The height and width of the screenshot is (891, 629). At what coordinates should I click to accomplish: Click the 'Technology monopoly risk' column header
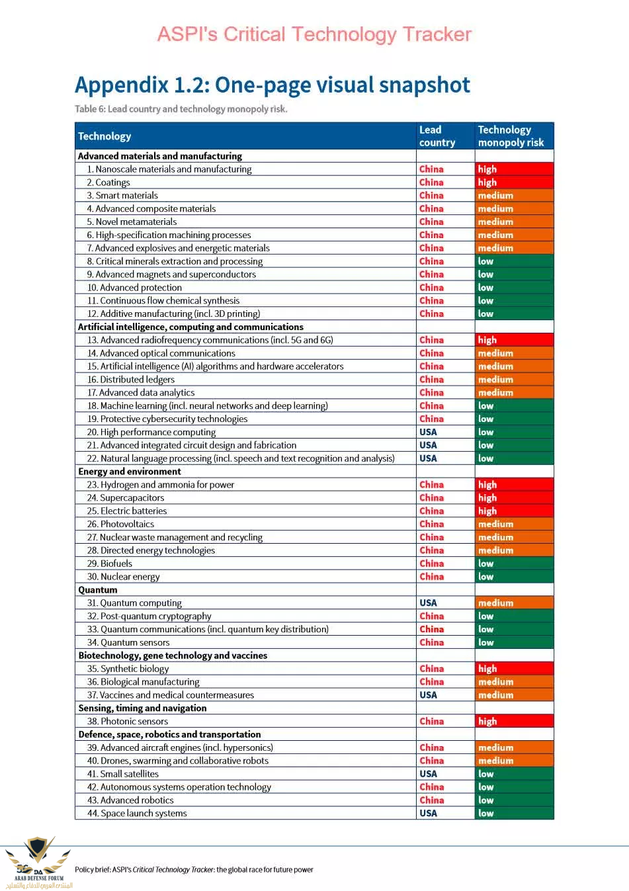coord(511,136)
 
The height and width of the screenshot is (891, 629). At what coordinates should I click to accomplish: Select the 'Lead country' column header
coord(437,136)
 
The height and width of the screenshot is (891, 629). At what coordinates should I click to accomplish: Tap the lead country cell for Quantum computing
coord(428,603)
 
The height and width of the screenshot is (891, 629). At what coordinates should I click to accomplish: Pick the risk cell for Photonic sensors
coord(514,721)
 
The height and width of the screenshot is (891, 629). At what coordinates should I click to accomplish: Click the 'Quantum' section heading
coord(98,589)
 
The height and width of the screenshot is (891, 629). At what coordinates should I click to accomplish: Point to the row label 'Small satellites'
coord(129,774)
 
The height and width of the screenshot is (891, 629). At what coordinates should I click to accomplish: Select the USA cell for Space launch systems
coord(428,813)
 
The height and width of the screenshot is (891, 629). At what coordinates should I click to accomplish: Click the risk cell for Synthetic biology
coord(514,669)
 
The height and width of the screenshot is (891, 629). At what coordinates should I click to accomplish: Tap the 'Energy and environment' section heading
coord(130,472)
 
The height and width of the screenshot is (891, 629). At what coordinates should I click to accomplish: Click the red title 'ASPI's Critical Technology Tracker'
coord(314,34)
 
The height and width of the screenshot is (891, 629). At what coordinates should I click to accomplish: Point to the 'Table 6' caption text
coord(181,109)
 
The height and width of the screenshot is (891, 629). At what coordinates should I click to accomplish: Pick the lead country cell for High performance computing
coord(428,432)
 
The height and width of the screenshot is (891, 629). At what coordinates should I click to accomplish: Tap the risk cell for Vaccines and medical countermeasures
coord(514,695)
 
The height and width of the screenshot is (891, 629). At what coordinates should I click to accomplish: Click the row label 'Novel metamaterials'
coord(136,222)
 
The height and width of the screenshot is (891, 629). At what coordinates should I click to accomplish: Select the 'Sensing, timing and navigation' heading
coord(142,708)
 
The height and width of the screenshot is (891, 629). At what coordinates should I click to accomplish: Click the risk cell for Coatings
coord(514,183)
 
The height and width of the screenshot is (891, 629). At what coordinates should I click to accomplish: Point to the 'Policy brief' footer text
coord(194,870)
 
